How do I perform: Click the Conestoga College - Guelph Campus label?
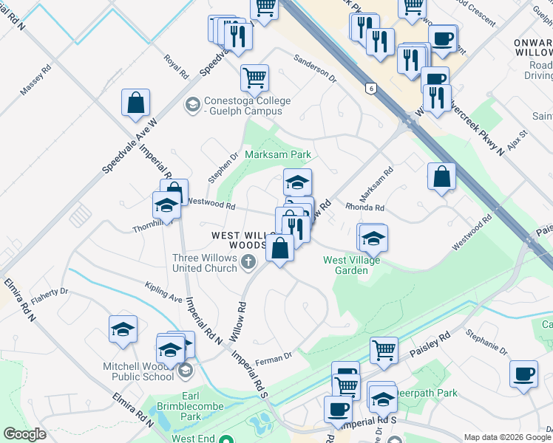click(242, 106)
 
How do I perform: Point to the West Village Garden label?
click(345, 265)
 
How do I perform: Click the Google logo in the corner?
click(24, 435)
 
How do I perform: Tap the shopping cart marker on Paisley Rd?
click(384, 350)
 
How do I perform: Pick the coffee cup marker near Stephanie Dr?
click(523, 373)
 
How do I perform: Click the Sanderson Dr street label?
click(314, 67)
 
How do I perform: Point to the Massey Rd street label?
click(35, 80)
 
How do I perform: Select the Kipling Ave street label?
click(163, 292)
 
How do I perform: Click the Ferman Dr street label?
click(274, 358)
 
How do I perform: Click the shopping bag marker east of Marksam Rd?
click(441, 176)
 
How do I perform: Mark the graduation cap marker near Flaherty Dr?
click(123, 329)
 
